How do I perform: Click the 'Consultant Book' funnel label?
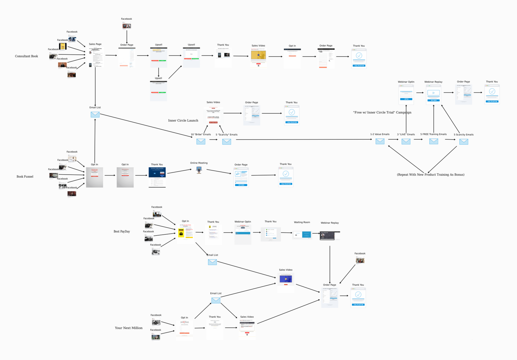click(x=26, y=56)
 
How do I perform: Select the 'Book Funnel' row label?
click(x=25, y=177)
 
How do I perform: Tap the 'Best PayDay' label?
click(x=122, y=232)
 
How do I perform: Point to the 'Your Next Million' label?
click(x=129, y=328)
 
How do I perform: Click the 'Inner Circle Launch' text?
click(x=183, y=121)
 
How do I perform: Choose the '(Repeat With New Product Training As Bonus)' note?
click(x=431, y=175)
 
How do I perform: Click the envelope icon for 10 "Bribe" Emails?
click(x=201, y=141)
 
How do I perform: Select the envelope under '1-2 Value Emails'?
click(x=380, y=141)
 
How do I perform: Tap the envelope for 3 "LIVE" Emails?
click(x=406, y=141)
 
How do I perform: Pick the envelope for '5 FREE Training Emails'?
click(x=434, y=141)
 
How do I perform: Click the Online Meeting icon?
click(x=199, y=170)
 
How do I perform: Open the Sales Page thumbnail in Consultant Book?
click(x=95, y=57)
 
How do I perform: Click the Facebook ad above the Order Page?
click(x=126, y=26)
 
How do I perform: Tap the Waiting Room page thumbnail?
click(x=302, y=235)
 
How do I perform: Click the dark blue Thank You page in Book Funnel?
click(x=157, y=177)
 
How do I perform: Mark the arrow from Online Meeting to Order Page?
click(x=219, y=172)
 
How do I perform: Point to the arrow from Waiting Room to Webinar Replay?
click(x=316, y=233)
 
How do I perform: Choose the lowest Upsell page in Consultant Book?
click(x=158, y=91)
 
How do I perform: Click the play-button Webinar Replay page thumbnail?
click(x=433, y=94)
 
